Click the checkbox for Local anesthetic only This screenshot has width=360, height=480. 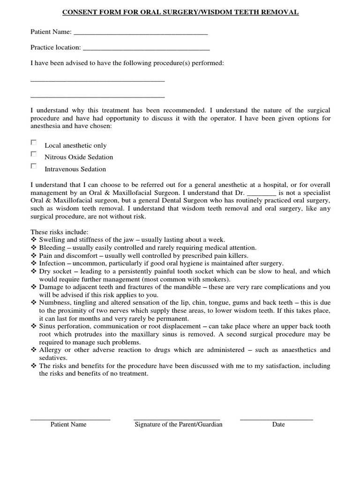[x=33, y=142]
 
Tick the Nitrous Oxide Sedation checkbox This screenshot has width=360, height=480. [x=33, y=154]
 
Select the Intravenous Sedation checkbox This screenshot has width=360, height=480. [x=33, y=166]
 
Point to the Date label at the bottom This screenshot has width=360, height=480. [x=278, y=425]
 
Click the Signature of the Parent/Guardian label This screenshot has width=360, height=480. [x=179, y=425]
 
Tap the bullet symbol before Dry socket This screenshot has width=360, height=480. [x=33, y=271]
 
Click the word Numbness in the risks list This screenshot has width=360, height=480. [x=54, y=302]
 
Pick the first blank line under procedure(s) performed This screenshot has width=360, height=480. [x=97, y=81]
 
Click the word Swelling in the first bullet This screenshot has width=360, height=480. [x=52, y=239]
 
